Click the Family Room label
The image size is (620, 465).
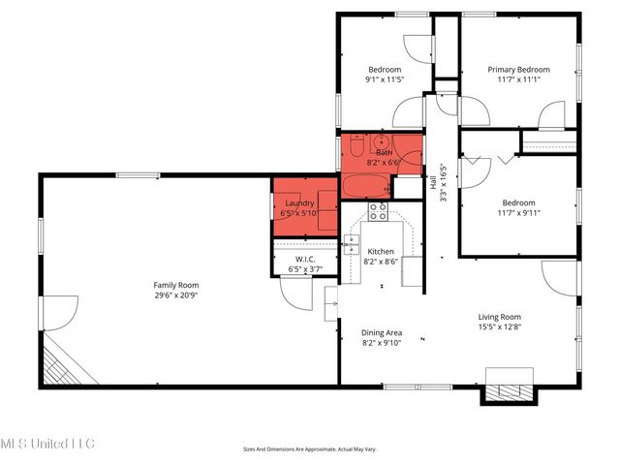click(175, 285)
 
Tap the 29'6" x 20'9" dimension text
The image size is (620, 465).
click(175, 296)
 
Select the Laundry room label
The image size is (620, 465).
click(298, 202)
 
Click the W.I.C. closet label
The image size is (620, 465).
click(305, 258)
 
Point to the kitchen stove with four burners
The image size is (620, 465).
click(379, 211)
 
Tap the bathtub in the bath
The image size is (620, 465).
click(366, 186)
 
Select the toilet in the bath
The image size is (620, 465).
click(356, 148)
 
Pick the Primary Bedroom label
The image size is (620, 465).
click(518, 70)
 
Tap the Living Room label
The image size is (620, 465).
click(499, 317)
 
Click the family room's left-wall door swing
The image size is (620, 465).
click(58, 315)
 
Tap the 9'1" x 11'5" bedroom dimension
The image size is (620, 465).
click(385, 80)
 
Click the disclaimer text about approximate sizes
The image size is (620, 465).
click(310, 449)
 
